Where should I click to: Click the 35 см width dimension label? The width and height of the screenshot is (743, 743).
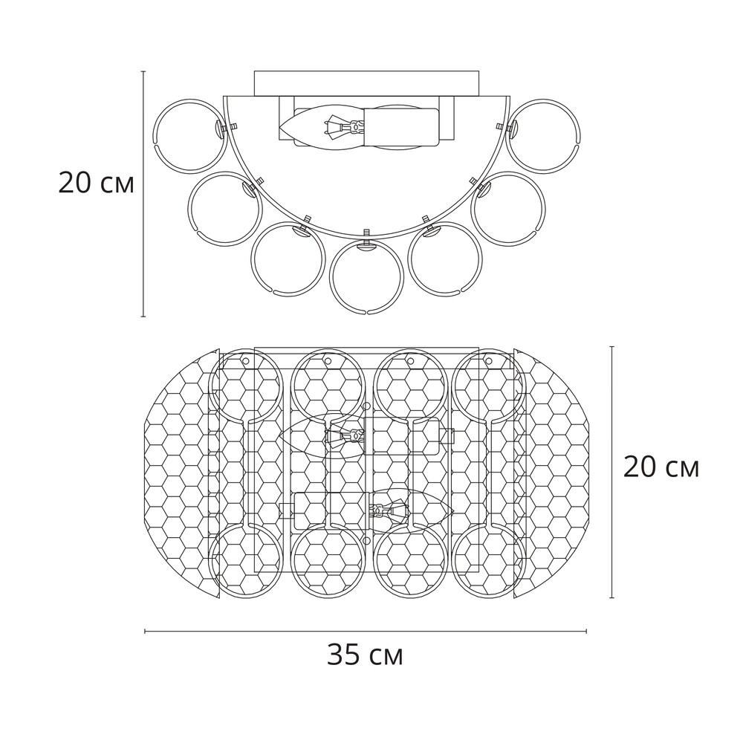(365, 655)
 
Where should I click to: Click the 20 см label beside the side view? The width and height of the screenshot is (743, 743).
(96, 183)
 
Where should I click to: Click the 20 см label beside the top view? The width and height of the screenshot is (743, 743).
(661, 467)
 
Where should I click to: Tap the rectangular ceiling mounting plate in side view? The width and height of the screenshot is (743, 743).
(367, 83)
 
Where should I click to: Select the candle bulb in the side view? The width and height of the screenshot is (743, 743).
(322, 128)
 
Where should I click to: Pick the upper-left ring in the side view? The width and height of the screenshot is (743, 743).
(155, 135)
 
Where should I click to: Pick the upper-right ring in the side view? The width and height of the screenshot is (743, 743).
(580, 135)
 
